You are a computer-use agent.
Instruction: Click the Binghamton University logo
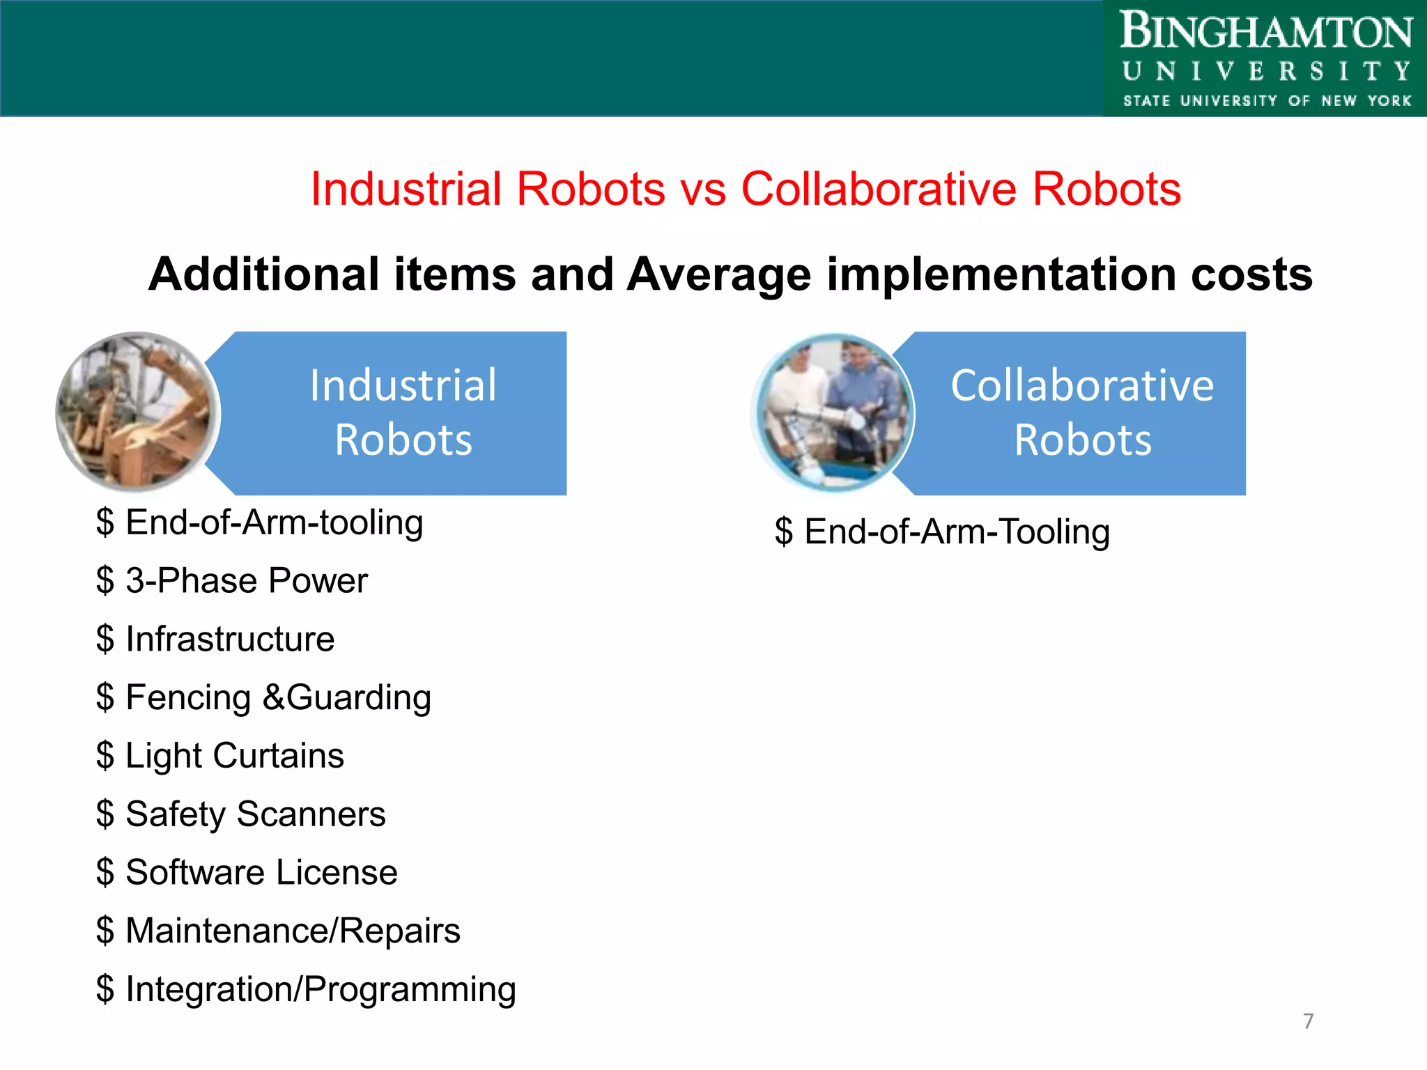click(x=1265, y=59)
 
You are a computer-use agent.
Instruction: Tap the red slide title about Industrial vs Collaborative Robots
click(x=746, y=189)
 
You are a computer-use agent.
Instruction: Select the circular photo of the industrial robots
click(x=138, y=412)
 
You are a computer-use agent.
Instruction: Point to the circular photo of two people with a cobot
click(x=833, y=413)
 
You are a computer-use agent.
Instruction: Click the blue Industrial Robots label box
click(x=403, y=413)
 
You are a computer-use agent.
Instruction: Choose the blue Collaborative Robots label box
click(x=1081, y=413)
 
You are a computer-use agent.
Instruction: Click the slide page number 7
click(x=1308, y=1021)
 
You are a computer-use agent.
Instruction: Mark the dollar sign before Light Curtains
click(x=105, y=756)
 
